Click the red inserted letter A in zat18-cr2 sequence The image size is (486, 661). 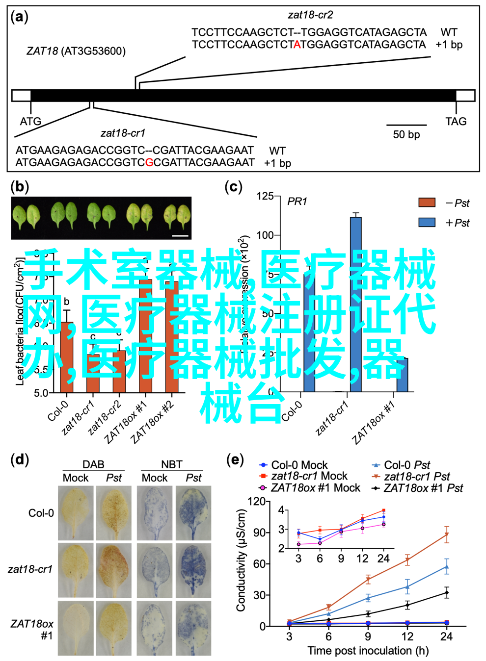pyautogui.click(x=297, y=45)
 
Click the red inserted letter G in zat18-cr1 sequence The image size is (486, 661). pyautogui.click(x=149, y=162)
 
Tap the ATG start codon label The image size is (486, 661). pyautogui.click(x=30, y=121)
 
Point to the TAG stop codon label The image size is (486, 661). pyautogui.click(x=456, y=121)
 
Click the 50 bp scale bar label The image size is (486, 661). pyautogui.click(x=406, y=134)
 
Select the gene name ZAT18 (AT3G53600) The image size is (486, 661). pyautogui.click(x=76, y=51)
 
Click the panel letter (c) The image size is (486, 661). pyautogui.click(x=234, y=187)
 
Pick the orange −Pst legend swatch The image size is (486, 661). pyautogui.click(x=427, y=203)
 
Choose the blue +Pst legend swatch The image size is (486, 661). pyautogui.click(x=427, y=222)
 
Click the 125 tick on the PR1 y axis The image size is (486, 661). pyautogui.click(x=265, y=196)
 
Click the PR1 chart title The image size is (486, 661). pyautogui.click(x=297, y=201)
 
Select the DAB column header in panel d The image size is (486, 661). pyautogui.click(x=93, y=464)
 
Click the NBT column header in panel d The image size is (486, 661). pyautogui.click(x=172, y=464)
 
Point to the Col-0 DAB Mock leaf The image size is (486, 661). pyautogui.click(x=76, y=513)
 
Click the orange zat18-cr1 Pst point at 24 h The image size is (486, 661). pyautogui.click(x=446, y=535)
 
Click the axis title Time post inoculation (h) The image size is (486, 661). pyautogui.click(x=368, y=651)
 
